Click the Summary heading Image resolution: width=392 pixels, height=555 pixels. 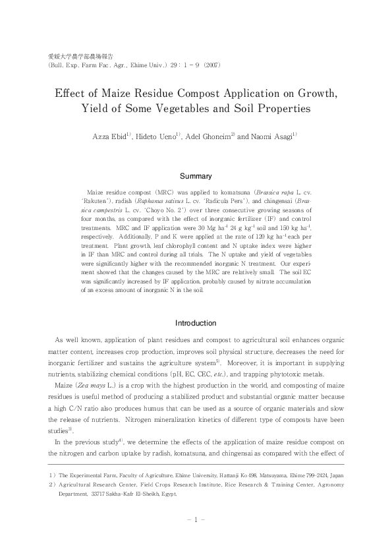[x=196, y=176]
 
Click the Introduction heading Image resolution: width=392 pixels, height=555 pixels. [x=196, y=323]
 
